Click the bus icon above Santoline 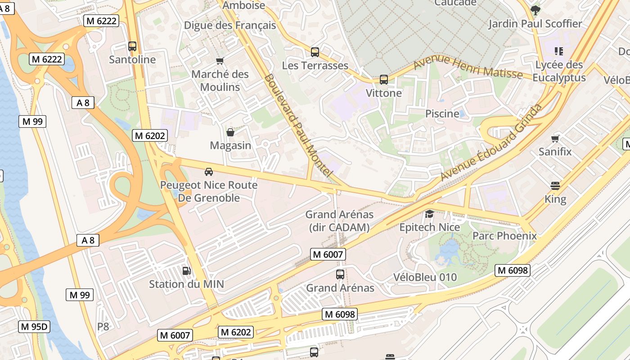(132, 46)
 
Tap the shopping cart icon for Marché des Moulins (220, 61)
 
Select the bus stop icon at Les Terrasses (315, 52)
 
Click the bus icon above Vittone (384, 80)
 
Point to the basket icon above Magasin (230, 132)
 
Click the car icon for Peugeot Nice (209, 171)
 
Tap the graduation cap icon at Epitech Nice (430, 214)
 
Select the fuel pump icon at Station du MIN (186, 270)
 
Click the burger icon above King (555, 185)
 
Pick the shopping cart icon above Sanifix (555, 139)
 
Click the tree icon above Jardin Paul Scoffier (535, 10)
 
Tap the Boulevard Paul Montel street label (298, 125)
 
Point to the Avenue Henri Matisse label (468, 68)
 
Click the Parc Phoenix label (504, 236)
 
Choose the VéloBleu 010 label (425, 277)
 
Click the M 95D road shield (34, 327)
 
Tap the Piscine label (442, 114)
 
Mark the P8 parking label (103, 326)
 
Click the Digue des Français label (230, 25)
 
